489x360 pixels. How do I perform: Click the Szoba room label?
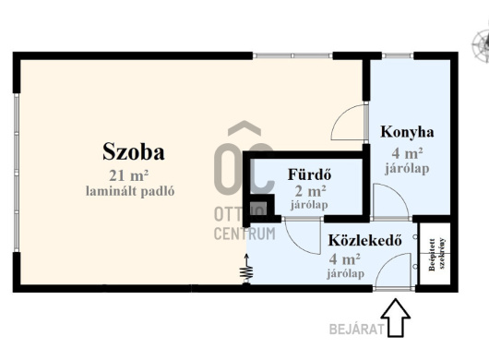pos(134,152)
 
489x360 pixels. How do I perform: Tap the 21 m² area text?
pos(128,175)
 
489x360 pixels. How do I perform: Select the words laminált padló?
pos(130,191)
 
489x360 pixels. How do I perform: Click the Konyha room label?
pos(407,132)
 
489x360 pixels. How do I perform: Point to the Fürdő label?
pos(309,174)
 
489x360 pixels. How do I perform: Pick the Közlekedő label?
pos(364,241)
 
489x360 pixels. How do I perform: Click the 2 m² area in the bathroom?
pos(311,190)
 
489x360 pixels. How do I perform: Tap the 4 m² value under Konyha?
pos(407,153)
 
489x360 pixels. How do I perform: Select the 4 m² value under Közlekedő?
pos(345,259)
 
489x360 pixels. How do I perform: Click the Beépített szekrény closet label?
pos(436,255)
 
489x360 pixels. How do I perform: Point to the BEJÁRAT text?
pos(356,330)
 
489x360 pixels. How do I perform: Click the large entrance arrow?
pos(395,318)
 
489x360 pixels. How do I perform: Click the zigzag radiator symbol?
pos(246,270)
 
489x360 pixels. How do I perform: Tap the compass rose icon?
pos(481,45)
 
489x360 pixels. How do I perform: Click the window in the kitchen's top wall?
pos(398,55)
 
